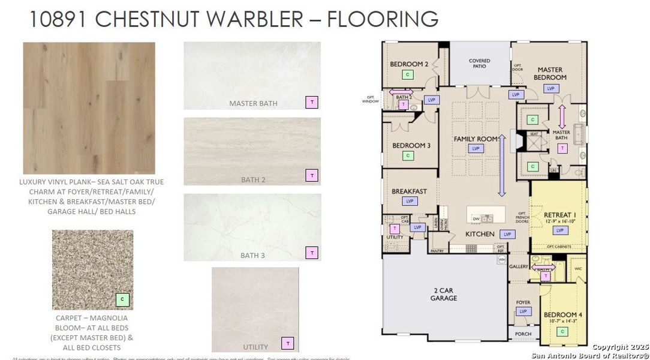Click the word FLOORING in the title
(x=383, y=19)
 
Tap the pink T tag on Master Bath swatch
(x=312, y=102)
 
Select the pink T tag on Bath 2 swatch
(x=312, y=175)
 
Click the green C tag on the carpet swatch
(x=122, y=299)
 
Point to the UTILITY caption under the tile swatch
(x=255, y=347)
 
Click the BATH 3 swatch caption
(x=252, y=256)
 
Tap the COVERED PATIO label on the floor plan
(x=479, y=64)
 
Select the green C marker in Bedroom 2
(x=408, y=74)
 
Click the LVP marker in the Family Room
(x=477, y=148)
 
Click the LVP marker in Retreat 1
(x=561, y=230)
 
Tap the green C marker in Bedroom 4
(x=562, y=331)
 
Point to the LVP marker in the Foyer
(x=523, y=311)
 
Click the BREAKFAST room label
(x=410, y=191)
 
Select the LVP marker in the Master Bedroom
(x=550, y=88)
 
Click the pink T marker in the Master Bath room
(x=562, y=148)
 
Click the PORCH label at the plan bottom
(x=523, y=334)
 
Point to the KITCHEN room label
(x=480, y=234)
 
